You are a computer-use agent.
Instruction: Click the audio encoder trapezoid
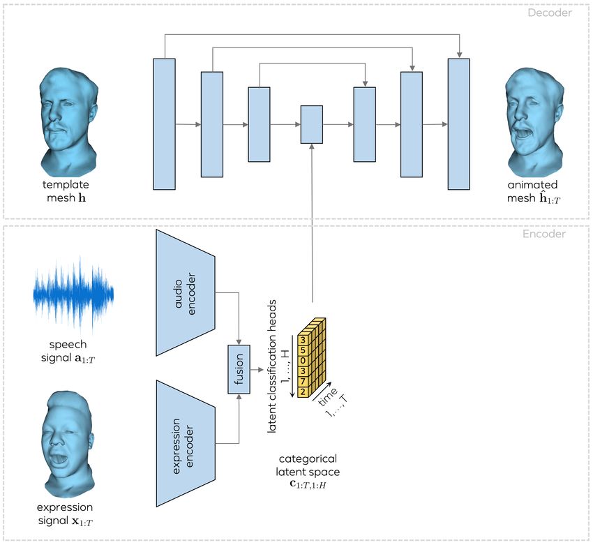point(186,293)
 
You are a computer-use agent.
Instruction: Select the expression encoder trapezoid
point(186,444)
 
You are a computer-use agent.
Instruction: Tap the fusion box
point(239,370)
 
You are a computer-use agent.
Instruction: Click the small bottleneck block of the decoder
point(312,124)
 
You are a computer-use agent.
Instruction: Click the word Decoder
point(550,13)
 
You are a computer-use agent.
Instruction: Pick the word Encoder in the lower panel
point(544,234)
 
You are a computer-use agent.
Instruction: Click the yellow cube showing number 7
point(303,381)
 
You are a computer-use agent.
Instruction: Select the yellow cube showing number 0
point(303,361)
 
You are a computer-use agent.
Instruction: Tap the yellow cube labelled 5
point(303,350)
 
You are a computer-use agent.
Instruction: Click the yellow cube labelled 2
point(303,391)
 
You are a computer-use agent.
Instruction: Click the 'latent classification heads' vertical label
point(271,366)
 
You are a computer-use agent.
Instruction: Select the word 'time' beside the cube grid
point(327,396)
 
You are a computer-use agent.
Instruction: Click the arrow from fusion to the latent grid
point(257,370)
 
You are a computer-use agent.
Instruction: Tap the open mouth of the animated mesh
point(525,133)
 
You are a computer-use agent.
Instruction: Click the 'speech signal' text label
point(68,351)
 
